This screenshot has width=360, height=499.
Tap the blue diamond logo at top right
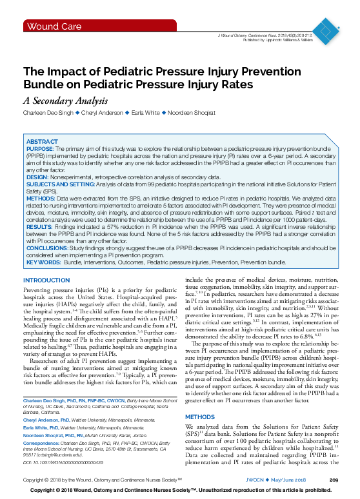point(330,28)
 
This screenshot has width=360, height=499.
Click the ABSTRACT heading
point(42,141)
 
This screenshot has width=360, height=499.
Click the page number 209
point(334,481)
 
